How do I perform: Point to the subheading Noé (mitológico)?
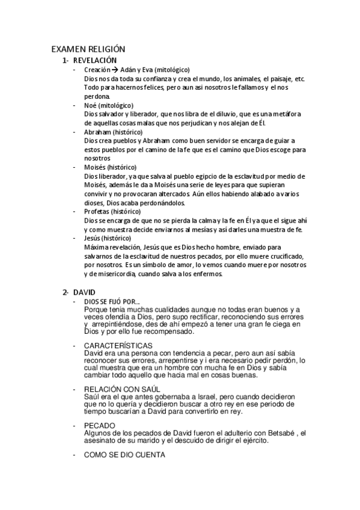109,105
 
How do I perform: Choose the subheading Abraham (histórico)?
115,132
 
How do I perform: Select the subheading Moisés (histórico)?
111,167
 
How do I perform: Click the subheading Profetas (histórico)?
112,212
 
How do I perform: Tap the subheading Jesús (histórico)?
110,238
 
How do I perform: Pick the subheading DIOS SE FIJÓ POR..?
112,301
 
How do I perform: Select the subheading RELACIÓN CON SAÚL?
122,390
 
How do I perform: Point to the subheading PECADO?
100,425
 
